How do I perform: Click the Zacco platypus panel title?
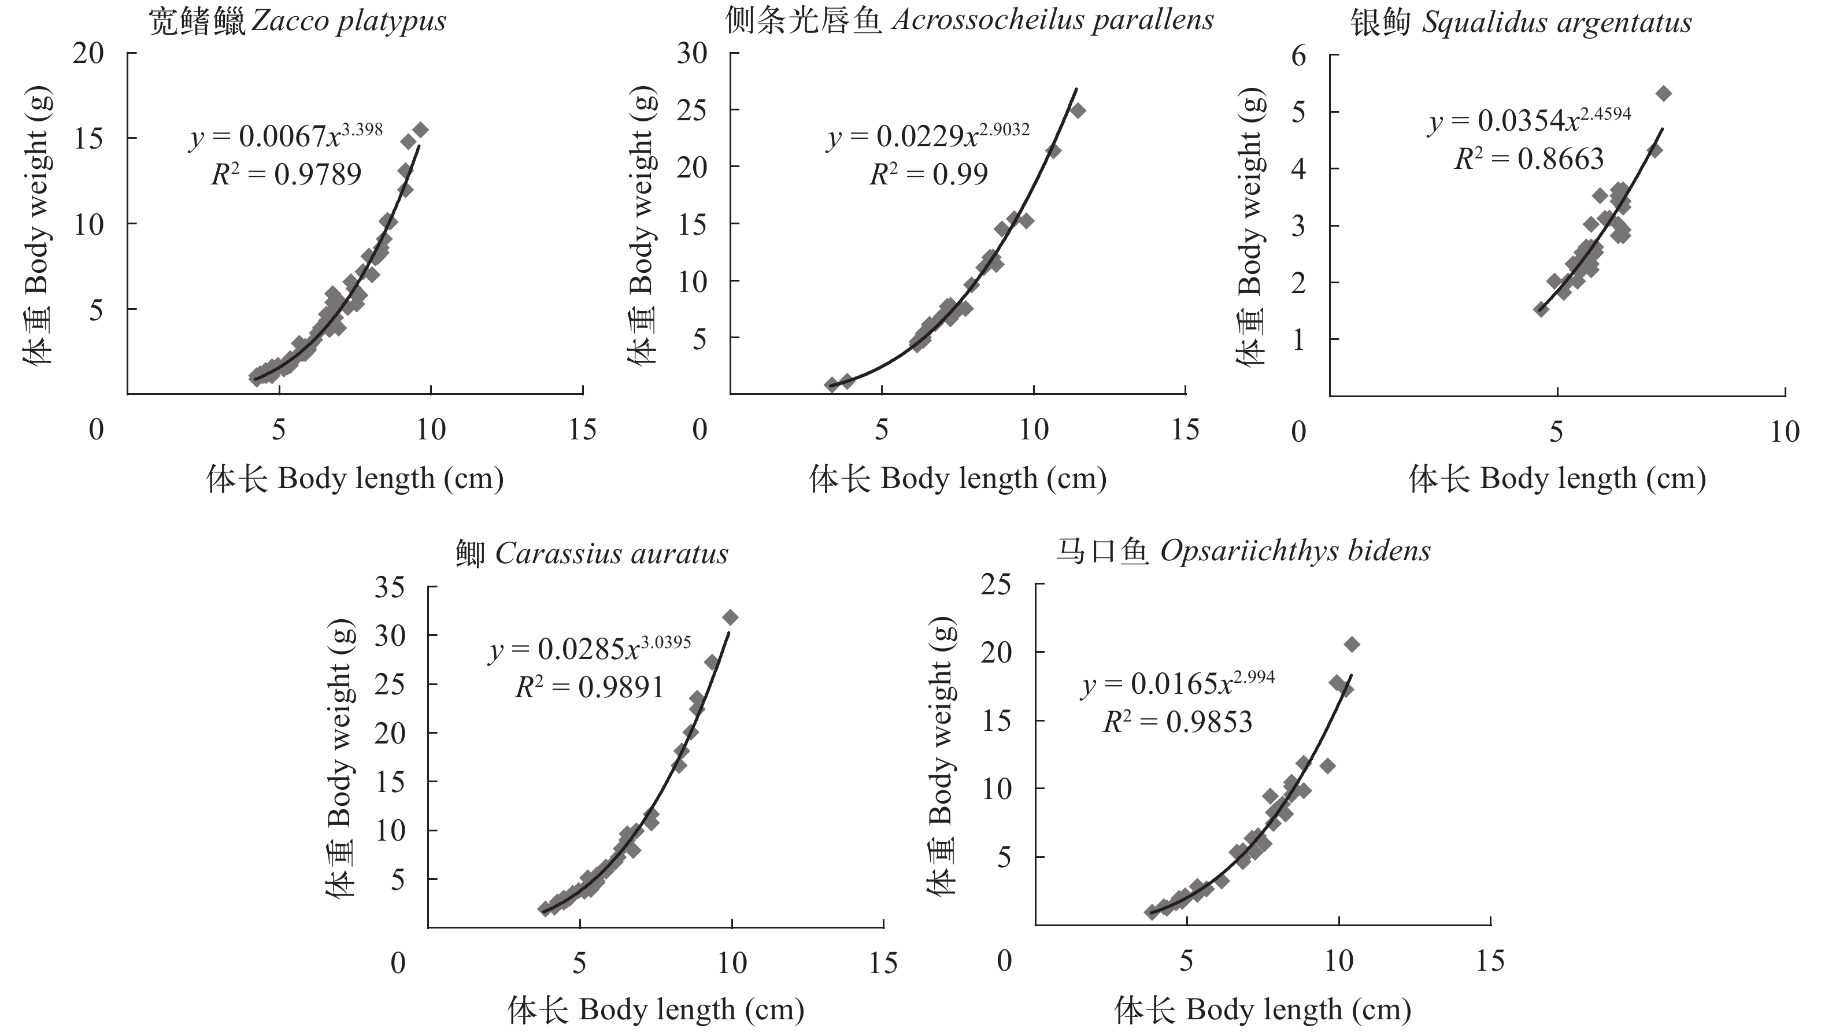[297, 21]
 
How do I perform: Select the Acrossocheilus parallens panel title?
[969, 20]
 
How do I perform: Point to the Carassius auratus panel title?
[591, 553]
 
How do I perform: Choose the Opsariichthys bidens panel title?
[1243, 551]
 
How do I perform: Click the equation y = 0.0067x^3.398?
[286, 135]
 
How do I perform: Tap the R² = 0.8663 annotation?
[1528, 159]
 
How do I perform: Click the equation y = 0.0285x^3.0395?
[590, 648]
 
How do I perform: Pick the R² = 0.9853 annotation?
[1178, 722]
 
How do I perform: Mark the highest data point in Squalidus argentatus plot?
[1664, 94]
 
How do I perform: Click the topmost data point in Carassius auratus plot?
[730, 617]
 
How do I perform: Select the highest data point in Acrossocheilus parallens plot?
[1078, 110]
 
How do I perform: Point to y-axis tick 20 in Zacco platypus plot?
[88, 53]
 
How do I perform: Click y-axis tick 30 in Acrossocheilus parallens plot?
[691, 53]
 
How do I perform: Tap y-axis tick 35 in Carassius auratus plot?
[390, 587]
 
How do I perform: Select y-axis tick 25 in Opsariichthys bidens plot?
[996, 584]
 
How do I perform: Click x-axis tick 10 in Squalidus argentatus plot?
[1784, 432]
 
